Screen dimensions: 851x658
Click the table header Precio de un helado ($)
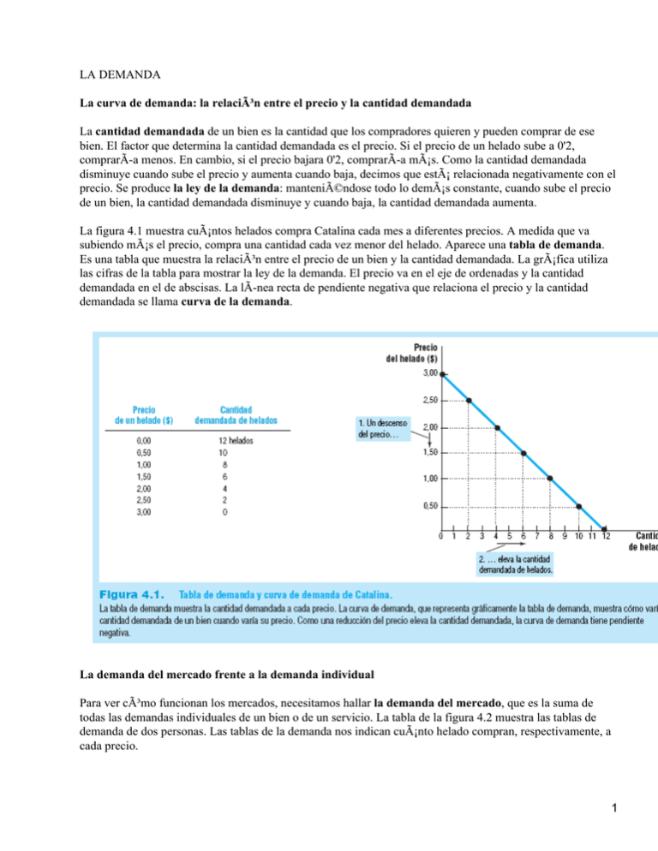coord(142,414)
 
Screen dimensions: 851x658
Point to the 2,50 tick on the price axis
coord(430,400)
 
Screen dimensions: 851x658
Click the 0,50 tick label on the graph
coord(430,505)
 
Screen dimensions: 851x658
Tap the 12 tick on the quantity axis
coord(606,538)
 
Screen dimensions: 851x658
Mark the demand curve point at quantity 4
coord(497,426)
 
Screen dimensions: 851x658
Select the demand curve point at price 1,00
coord(551,479)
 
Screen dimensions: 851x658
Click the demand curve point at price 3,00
coord(443,374)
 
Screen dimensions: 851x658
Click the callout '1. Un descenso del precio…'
coord(383,428)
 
